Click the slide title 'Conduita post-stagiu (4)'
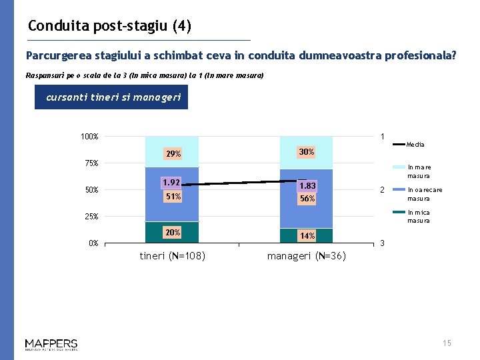click(110, 26)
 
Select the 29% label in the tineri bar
click(173, 154)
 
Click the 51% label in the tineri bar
click(173, 197)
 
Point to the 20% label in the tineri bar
click(173, 232)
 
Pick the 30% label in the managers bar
click(307, 152)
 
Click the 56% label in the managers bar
click(307, 199)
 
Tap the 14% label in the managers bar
click(307, 236)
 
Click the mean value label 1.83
click(307, 186)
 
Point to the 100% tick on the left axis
click(89, 137)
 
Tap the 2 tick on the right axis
click(381, 190)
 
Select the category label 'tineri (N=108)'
click(172, 256)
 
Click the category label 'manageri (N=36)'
click(307, 256)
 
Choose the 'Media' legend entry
click(415, 144)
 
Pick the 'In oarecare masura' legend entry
click(424, 194)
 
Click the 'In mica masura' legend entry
click(419, 217)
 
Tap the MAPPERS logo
click(51, 344)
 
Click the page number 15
click(447, 343)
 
